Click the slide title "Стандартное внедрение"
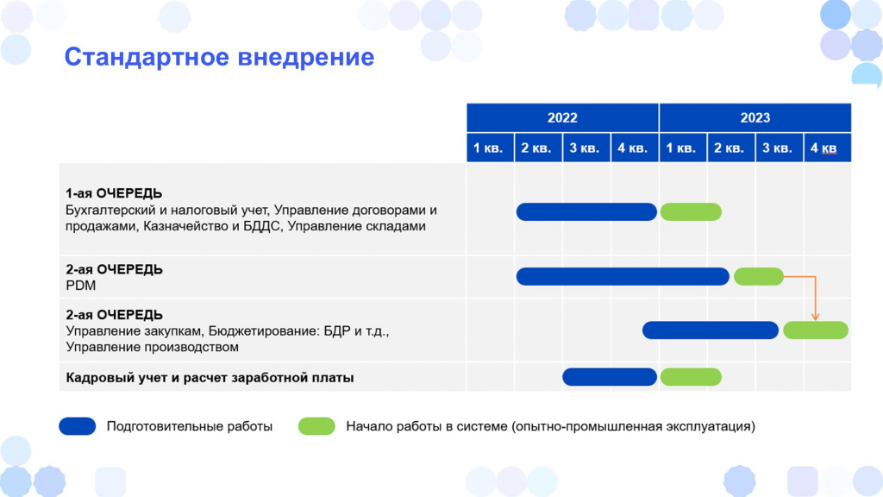tap(219, 57)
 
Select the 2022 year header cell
tap(562, 117)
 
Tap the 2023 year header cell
tap(755, 117)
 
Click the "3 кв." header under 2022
tap(586, 148)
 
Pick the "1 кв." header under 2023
tap(683, 148)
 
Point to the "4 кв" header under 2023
tap(827, 148)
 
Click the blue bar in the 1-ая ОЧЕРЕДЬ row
tap(586, 212)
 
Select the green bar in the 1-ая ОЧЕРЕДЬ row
tap(691, 212)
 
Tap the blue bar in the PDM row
tap(623, 277)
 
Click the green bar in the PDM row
tap(759, 277)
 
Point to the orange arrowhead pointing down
tap(815, 318)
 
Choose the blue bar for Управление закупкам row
tap(711, 330)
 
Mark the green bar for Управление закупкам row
tap(816, 330)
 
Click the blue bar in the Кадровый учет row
tap(610, 377)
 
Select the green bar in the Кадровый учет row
tap(691, 377)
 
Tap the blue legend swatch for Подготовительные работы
tap(77, 426)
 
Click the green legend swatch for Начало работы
tap(316, 426)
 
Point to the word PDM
tap(80, 286)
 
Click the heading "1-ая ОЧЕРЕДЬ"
tap(114, 193)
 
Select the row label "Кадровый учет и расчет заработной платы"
tap(210, 378)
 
